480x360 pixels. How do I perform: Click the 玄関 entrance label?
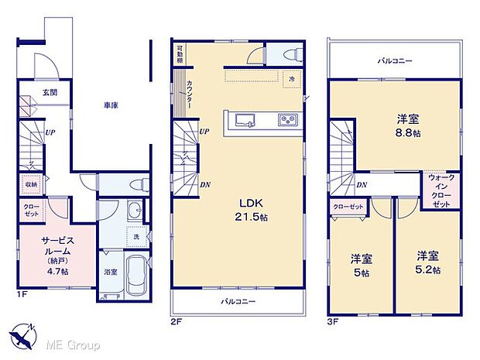pos(49,93)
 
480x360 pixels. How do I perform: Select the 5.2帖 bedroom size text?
pos(428,270)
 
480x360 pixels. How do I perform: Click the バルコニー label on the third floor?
pos(394,60)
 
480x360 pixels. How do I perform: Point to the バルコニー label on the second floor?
pos(238,301)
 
